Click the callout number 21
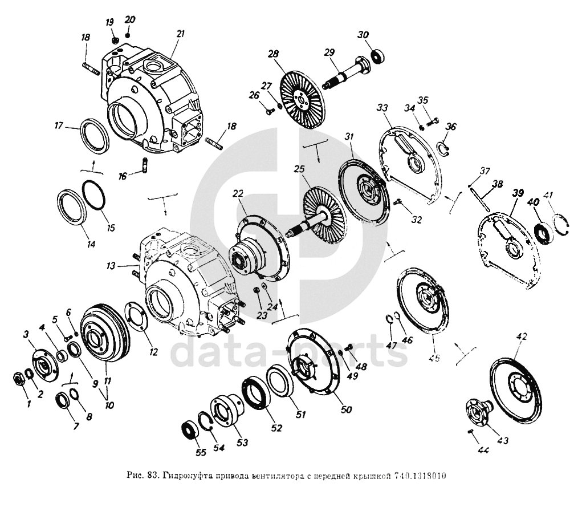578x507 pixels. (x=181, y=34)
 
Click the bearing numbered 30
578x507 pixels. (x=377, y=56)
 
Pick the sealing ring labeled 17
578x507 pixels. (x=92, y=137)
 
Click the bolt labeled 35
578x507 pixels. (x=434, y=120)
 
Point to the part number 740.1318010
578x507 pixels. (x=419, y=476)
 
